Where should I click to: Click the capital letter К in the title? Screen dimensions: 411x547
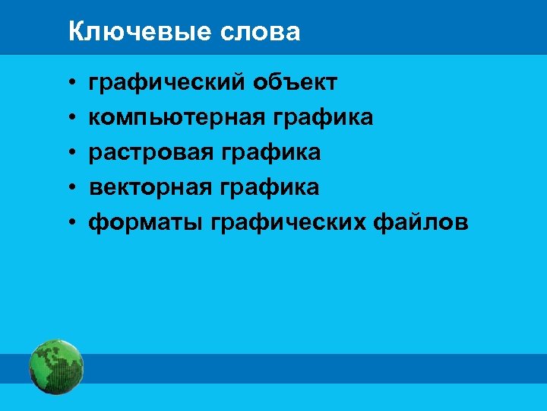coord(74,32)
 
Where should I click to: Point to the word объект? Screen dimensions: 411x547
coord(296,82)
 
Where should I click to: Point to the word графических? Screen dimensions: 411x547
coord(289,222)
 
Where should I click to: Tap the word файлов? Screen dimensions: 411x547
coord(422,222)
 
